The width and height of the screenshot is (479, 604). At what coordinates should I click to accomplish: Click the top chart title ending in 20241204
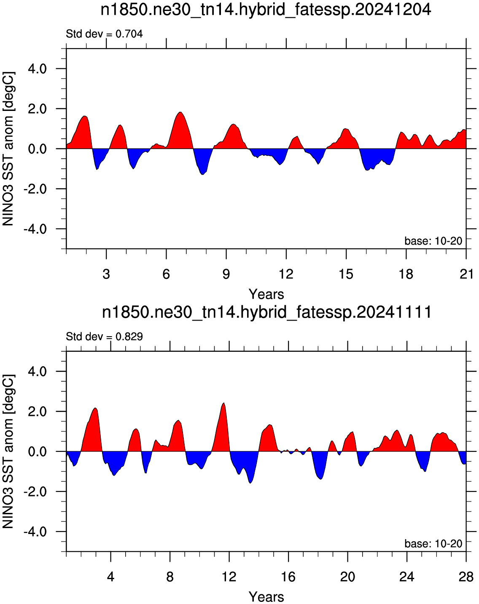[266, 11]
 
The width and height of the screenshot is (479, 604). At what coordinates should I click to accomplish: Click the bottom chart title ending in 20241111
[266, 313]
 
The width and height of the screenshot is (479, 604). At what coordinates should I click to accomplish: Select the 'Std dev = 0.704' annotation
[104, 34]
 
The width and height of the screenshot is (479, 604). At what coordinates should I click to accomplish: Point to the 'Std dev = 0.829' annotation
[104, 337]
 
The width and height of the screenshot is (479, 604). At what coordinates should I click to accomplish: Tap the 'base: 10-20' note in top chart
[433, 241]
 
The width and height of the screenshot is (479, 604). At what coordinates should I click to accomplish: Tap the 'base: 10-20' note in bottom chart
[433, 544]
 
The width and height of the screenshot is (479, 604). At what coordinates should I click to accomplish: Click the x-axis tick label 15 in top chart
[346, 274]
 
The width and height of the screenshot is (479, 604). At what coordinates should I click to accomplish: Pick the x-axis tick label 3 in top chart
[106, 274]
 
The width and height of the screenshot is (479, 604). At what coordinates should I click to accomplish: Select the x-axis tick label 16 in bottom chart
[288, 577]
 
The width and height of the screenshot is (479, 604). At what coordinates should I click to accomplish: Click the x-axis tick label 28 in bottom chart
[466, 577]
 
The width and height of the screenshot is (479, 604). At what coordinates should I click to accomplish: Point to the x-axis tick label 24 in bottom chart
[407, 577]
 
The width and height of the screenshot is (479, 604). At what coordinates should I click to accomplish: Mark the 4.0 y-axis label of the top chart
[38, 69]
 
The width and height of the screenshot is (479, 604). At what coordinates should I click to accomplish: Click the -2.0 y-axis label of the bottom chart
[35, 492]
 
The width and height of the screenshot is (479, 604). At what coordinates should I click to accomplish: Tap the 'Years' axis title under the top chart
[266, 294]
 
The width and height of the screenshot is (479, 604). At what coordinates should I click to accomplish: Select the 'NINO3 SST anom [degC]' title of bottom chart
[8, 451]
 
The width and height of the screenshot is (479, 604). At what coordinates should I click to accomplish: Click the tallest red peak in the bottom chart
[223, 403]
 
